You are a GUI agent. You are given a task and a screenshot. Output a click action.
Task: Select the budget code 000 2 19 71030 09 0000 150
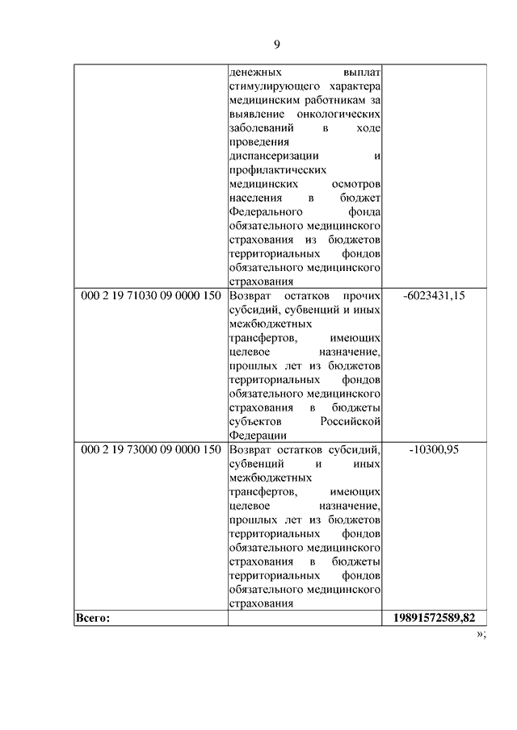[x=151, y=296]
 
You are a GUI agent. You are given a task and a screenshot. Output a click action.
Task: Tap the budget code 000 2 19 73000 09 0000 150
[x=151, y=449]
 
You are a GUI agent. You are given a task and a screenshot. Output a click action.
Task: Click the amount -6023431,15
[x=434, y=296]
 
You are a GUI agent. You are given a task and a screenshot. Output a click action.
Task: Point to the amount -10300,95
[x=434, y=449]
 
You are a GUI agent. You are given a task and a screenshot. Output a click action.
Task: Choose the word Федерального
[x=267, y=212]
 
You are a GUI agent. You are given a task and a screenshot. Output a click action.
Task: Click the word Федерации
[x=258, y=436]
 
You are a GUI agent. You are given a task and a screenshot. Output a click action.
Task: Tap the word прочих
[x=361, y=296]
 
